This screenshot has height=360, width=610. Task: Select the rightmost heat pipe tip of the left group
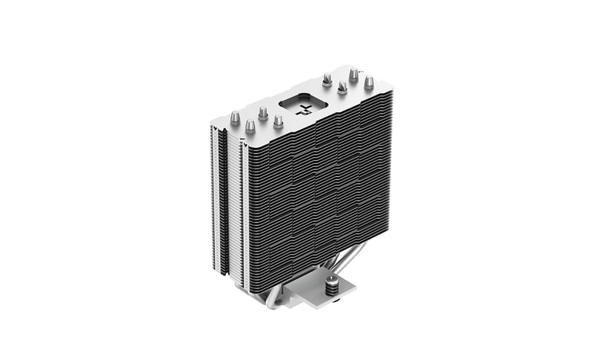(278, 121)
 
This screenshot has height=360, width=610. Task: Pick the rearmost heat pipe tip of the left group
(262, 113)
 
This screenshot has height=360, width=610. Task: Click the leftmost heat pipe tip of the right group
(327, 79)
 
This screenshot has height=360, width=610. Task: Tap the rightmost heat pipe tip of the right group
(369, 82)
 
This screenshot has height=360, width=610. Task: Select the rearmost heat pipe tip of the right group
(354, 74)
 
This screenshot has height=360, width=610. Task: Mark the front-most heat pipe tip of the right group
(342, 88)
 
